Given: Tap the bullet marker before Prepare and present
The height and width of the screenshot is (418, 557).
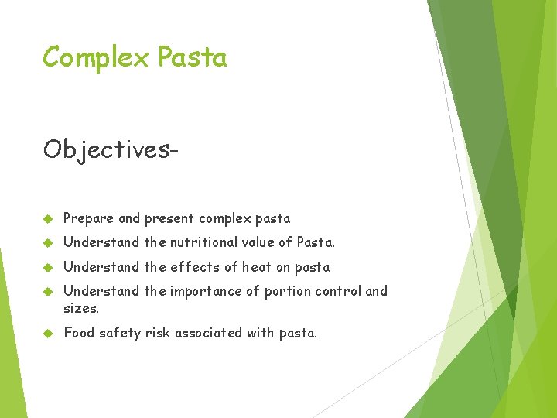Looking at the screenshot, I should (47, 219).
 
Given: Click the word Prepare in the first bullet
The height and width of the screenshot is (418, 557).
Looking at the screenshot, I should (88, 219).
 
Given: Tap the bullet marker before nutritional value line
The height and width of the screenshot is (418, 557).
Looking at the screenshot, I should (47, 243).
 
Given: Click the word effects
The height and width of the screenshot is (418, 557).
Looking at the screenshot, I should (192, 267).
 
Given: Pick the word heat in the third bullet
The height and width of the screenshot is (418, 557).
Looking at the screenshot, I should (257, 267).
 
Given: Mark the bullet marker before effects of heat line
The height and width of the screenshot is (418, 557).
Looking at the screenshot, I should (47, 268).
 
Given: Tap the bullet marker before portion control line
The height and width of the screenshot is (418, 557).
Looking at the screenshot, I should (47, 292).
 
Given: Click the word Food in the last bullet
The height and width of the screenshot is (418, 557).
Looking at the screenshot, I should (78, 333).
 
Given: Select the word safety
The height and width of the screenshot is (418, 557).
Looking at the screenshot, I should (121, 333).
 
